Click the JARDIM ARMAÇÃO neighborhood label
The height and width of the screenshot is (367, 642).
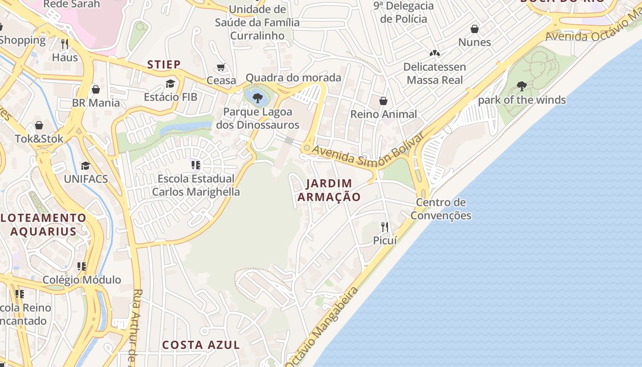click(329, 190)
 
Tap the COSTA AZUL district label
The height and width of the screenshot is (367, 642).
click(201, 345)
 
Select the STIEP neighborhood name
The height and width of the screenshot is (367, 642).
click(164, 64)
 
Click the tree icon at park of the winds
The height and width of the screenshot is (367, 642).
click(521, 86)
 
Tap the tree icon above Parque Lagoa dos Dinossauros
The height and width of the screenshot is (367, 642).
click(258, 97)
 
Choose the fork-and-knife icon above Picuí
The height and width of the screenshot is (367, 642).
click(385, 227)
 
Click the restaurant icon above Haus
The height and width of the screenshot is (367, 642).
click(65, 44)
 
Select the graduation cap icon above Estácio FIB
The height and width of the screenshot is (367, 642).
click(171, 83)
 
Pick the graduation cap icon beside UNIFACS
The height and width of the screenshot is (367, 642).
click(85, 166)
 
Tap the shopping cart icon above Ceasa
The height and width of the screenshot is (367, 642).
click(221, 67)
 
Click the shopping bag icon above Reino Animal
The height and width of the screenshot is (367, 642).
click(383, 101)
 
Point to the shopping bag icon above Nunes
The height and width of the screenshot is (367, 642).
click(475, 29)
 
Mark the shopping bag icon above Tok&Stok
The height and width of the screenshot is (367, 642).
click(39, 125)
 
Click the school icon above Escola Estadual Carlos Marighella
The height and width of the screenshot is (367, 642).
click(196, 165)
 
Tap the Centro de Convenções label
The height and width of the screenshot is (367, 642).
click(441, 209)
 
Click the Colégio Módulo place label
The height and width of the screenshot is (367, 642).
click(82, 280)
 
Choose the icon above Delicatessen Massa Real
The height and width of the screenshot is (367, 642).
click(434, 54)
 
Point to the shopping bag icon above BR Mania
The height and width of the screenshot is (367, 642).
click(96, 89)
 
